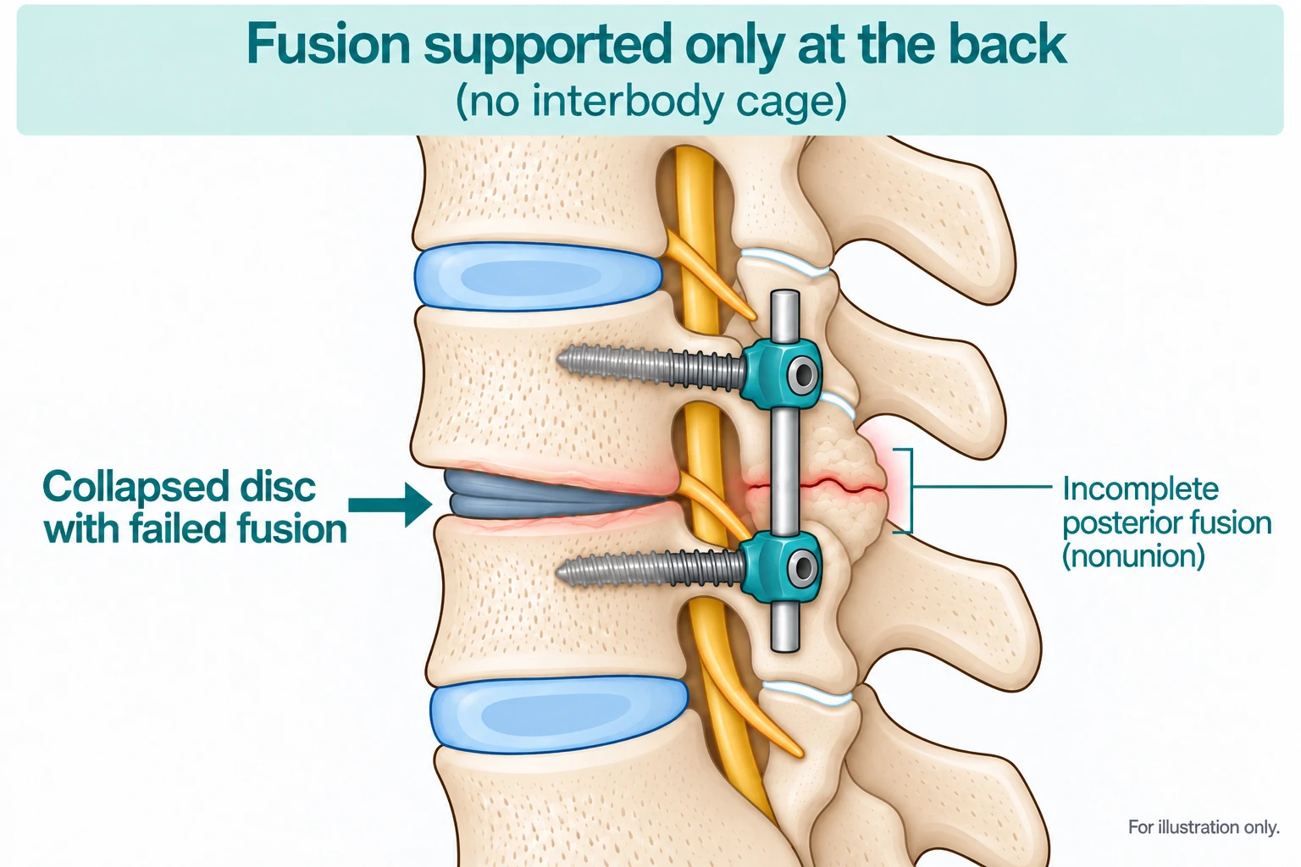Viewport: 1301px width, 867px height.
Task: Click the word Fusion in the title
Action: pos(329,45)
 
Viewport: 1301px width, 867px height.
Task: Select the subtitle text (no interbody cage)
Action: pos(650,102)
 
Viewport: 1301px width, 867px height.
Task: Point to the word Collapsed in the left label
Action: pos(136,488)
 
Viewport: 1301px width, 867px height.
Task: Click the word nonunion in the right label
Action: pos(1133,555)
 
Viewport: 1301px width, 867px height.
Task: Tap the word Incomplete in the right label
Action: pos(1140,489)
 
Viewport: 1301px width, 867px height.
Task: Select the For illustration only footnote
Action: pos(1204,827)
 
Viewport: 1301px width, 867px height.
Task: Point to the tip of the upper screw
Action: pos(558,360)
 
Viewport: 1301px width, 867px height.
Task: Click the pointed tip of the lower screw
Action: pos(557,574)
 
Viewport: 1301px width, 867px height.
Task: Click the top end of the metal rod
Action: pos(784,292)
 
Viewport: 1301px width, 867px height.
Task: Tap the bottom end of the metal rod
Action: pos(785,649)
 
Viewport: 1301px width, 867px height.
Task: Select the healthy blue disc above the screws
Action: pos(538,276)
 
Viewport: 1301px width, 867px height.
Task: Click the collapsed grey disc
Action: pos(551,495)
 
